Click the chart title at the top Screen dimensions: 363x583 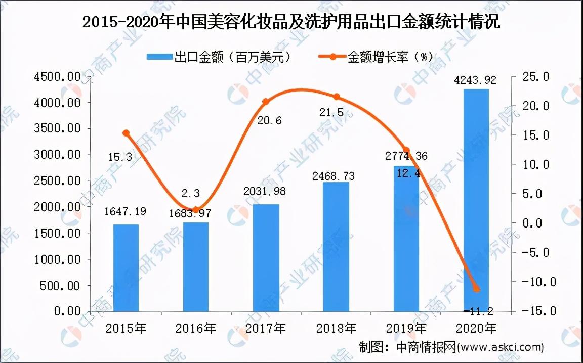point(291,23)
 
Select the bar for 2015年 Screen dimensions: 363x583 point(126,268)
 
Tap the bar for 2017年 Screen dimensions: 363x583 point(266,258)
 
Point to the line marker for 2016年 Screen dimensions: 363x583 point(196,209)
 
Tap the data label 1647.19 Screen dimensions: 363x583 point(126,212)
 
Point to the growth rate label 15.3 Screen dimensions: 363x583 point(120,157)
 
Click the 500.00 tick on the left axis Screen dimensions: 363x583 point(63,286)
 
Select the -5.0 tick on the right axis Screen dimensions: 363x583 point(531,252)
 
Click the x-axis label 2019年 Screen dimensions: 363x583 point(406,328)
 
